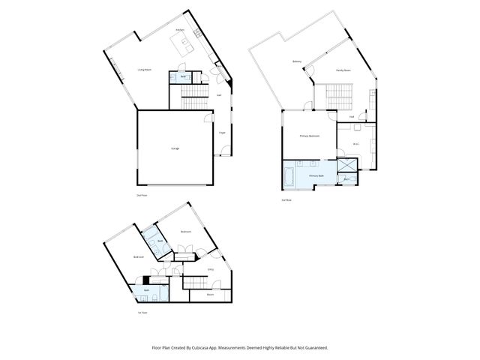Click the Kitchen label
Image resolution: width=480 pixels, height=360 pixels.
point(180,30)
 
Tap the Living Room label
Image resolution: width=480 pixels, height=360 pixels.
point(145,70)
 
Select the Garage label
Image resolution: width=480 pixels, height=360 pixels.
point(174,148)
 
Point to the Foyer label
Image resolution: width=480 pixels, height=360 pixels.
point(222,133)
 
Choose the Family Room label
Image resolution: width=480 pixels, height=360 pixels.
point(343,70)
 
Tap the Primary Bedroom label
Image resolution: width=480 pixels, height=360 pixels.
point(310,136)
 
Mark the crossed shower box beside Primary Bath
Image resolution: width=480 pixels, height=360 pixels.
point(347,165)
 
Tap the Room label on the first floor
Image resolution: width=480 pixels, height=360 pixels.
point(210,294)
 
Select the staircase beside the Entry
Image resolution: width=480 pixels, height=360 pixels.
point(194,281)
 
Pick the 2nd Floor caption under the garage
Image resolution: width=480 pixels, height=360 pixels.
point(141,195)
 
